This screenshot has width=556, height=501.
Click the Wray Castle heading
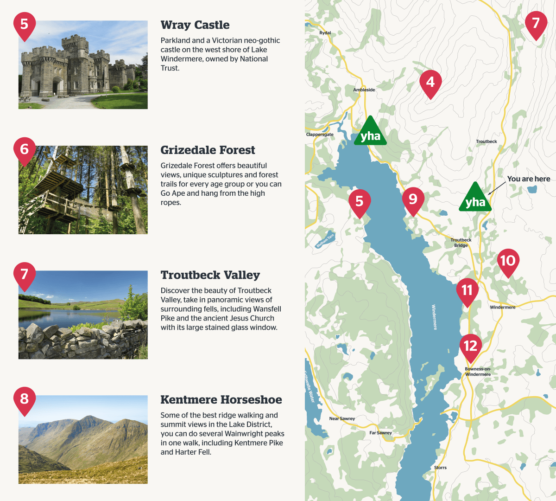coord(195,25)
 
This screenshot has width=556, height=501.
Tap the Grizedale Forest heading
coord(208,150)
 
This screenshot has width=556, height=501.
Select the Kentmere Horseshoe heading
coord(221,400)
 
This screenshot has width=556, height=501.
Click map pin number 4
coord(430,83)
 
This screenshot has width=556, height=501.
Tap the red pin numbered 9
coord(413,200)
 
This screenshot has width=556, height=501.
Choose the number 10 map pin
coord(508,261)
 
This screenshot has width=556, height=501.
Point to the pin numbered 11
coord(467,291)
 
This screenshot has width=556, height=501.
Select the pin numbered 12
coord(470,346)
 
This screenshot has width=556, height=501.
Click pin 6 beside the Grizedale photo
coord(25,150)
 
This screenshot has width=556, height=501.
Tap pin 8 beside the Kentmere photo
coord(25,399)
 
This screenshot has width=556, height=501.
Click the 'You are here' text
coord(529,179)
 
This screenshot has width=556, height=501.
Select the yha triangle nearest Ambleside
coord(370,133)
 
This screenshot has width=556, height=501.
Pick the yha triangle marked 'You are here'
coord(475,199)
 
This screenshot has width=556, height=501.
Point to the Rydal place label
coord(325,33)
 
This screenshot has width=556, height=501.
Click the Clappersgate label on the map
coord(320,135)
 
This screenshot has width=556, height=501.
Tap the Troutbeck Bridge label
coord(461,243)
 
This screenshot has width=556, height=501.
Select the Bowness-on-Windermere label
coord(478,372)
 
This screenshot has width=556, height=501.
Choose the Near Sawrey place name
coord(342,418)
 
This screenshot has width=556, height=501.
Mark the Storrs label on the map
coord(440,468)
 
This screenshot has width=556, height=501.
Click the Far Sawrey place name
coord(380,433)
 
